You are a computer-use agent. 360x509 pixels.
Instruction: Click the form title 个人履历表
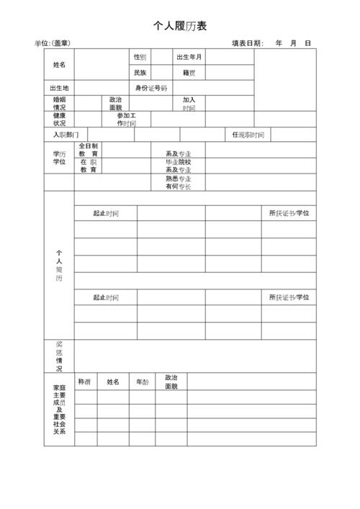pos(180,26)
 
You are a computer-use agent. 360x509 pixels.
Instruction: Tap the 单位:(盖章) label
pos(53,44)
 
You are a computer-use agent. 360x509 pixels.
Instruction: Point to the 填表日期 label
pos(248,44)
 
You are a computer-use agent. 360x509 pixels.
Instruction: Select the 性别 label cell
pos(140,57)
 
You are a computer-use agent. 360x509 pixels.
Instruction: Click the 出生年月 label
pos(189,57)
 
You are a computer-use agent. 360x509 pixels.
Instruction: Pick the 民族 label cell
pos(140,73)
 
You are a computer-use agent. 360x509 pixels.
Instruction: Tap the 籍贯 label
pos(189,73)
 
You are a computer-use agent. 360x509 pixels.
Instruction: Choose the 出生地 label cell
pos(59,88)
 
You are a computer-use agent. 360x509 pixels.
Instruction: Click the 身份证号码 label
pos(151,88)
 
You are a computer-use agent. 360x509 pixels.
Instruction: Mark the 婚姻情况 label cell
pos(59,104)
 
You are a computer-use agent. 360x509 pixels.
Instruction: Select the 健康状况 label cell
pos(59,119)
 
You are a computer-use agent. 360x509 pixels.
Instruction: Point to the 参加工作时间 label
pos(126,119)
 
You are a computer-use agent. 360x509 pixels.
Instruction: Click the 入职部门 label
pos(66,135)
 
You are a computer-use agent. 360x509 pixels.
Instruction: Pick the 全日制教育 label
pos(89,150)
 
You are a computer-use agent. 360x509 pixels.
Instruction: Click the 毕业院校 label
pos(179,162)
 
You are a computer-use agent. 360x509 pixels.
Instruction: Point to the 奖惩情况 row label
pos(59,356)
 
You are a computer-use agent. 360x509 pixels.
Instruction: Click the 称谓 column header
pos(84,382)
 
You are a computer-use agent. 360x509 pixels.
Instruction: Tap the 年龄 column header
pos(143,382)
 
